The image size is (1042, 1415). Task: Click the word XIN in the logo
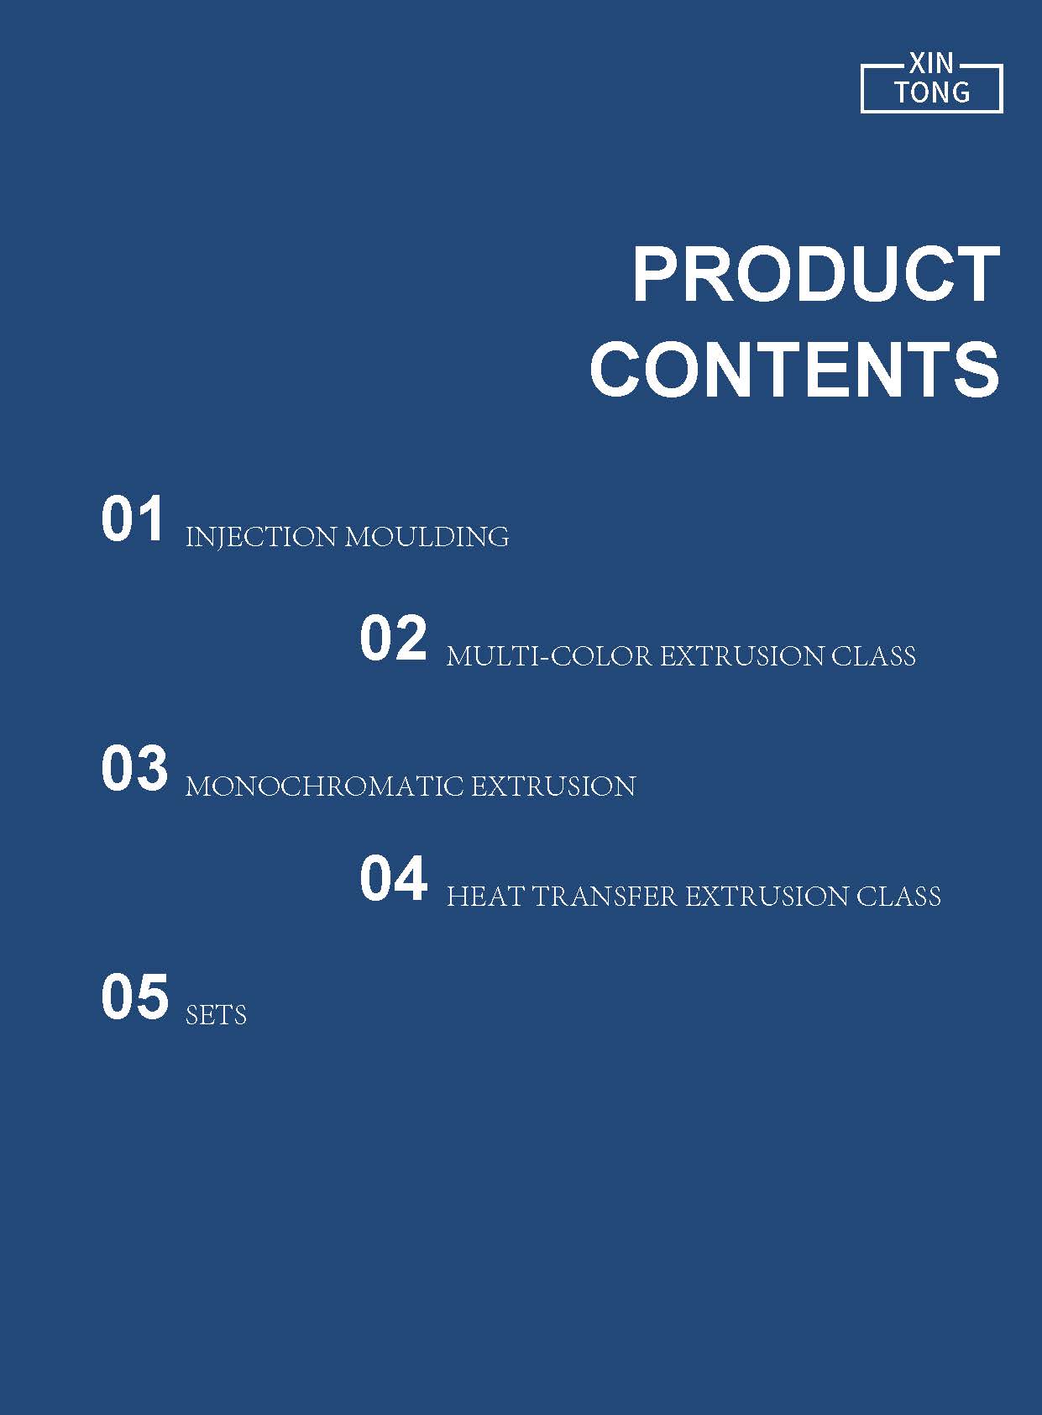[931, 63]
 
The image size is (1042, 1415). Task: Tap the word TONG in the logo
[931, 92]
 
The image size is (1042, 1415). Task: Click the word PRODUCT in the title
[817, 274]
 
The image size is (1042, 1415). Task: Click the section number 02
[393, 639]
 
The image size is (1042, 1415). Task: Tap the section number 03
[134, 767]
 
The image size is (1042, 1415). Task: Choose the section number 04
[394, 878]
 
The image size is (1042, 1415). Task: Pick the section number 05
[134, 997]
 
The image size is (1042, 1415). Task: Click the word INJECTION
[260, 537]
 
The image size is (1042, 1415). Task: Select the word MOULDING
[427, 537]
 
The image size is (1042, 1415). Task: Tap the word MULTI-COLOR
[549, 657]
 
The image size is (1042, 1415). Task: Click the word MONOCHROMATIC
[324, 786]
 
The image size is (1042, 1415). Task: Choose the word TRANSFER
[604, 897]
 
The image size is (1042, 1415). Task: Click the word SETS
[216, 1015]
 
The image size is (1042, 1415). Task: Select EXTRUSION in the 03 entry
[553, 786]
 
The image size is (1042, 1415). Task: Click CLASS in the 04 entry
[898, 897]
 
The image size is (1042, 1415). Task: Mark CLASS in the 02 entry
[873, 657]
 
